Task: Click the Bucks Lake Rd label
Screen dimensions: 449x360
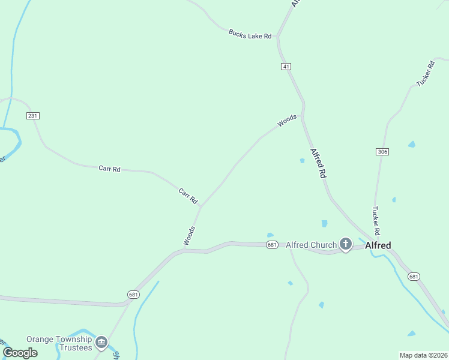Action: pos(250,34)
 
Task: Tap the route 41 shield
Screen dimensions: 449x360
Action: pos(286,66)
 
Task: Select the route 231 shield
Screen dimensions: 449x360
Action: pos(33,115)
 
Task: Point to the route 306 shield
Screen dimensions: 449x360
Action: pos(382,151)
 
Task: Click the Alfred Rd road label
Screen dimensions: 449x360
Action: pos(318,163)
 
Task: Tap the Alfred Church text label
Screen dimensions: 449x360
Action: pos(310,245)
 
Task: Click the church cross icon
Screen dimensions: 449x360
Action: pos(346,244)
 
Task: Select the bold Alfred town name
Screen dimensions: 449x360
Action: pos(378,245)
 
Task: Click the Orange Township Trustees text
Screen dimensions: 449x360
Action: pos(59,343)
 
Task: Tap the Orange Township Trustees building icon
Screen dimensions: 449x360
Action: pos(101,343)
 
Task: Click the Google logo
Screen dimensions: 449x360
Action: pos(20,353)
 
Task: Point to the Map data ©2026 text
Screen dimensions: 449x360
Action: pos(423,355)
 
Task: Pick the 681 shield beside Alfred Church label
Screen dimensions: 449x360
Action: pos(272,245)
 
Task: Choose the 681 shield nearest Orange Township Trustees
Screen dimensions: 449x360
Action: pos(133,294)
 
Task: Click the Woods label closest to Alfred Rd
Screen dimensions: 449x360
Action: pos(287,121)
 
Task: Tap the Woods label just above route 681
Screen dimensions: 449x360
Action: pos(189,235)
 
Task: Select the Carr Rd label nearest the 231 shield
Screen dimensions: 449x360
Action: pos(109,169)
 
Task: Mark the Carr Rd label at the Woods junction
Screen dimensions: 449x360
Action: pos(188,196)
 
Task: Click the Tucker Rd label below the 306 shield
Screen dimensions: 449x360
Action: pos(375,221)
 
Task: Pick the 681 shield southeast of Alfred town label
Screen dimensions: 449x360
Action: pos(413,276)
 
